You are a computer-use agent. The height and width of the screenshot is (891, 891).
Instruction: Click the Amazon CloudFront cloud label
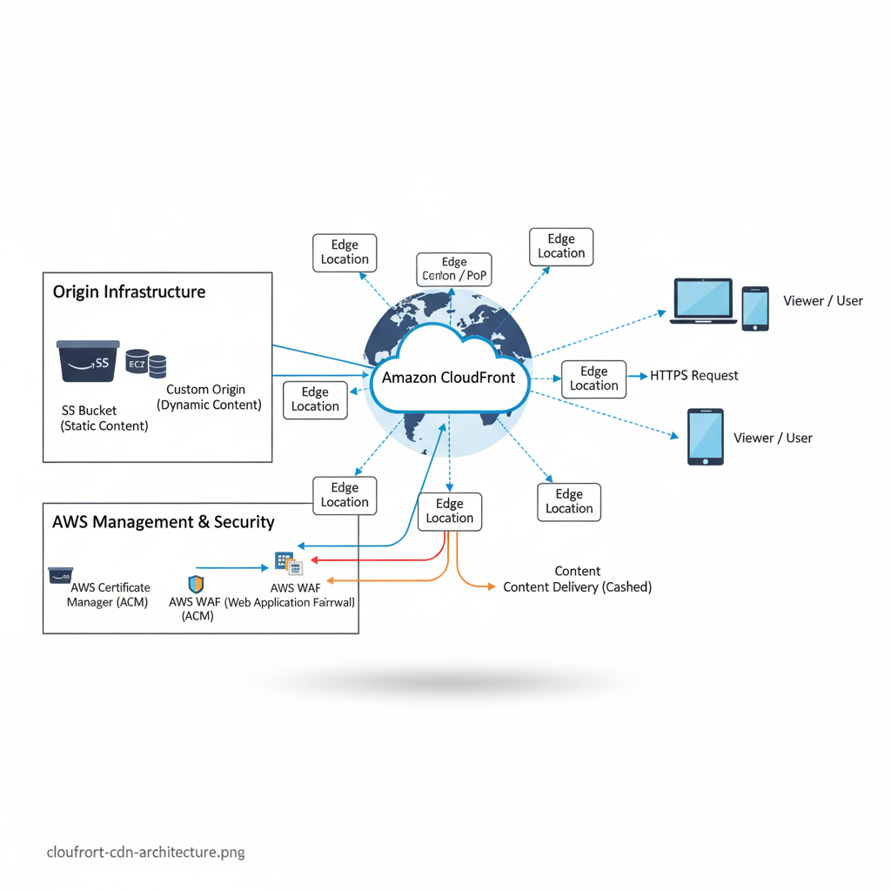pyautogui.click(x=449, y=378)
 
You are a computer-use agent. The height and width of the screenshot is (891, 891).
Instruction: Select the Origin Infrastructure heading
pyautogui.click(x=129, y=291)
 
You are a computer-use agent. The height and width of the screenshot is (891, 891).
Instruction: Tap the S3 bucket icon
pyautogui.click(x=88, y=361)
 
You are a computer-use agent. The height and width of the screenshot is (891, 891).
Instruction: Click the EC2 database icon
pyautogui.click(x=145, y=364)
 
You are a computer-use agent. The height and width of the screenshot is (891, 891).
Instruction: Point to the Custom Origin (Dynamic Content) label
pyautogui.click(x=209, y=397)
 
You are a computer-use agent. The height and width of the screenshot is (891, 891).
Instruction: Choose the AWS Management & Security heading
pyautogui.click(x=164, y=522)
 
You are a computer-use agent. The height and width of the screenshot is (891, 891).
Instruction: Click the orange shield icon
pyautogui.click(x=196, y=584)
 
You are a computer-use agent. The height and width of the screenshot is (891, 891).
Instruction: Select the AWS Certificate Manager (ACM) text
pyautogui.click(x=110, y=594)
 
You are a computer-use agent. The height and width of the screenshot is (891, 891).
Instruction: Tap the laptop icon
pyautogui.click(x=703, y=301)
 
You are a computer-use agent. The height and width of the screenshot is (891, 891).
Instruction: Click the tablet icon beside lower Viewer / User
pyautogui.click(x=705, y=437)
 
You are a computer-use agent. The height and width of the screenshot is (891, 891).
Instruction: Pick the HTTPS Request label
pyautogui.click(x=694, y=376)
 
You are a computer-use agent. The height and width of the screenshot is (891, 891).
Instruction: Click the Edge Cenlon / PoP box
pyautogui.click(x=454, y=269)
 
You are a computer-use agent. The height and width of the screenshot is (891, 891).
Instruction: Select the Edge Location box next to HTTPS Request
pyautogui.click(x=593, y=379)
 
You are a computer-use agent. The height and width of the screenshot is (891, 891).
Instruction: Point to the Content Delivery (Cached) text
pyautogui.click(x=577, y=587)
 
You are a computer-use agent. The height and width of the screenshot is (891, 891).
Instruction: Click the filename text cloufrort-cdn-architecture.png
pyautogui.click(x=145, y=852)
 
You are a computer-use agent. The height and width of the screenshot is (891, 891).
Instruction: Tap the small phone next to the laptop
pyautogui.click(x=755, y=308)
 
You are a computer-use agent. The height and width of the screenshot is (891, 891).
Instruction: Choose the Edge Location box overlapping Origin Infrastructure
pyautogui.click(x=315, y=399)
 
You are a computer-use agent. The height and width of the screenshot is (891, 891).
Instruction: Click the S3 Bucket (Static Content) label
pyautogui.click(x=104, y=418)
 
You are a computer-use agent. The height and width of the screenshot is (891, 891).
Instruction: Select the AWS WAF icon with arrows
pyautogui.click(x=287, y=563)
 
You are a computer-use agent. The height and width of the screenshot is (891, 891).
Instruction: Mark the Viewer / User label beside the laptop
pyautogui.click(x=822, y=301)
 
